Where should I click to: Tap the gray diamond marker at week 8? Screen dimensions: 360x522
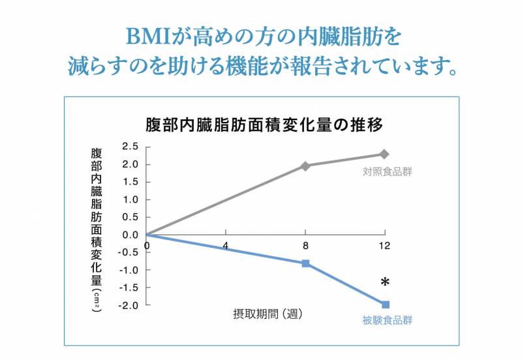click(x=305, y=166)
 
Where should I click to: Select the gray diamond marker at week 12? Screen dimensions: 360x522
click(x=384, y=155)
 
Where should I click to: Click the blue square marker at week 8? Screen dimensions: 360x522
click(x=305, y=263)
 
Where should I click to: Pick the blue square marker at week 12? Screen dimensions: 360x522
click(x=385, y=305)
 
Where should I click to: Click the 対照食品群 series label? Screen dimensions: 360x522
click(x=388, y=172)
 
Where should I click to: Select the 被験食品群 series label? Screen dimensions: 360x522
click(x=388, y=320)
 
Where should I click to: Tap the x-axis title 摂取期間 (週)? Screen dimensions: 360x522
click(x=268, y=313)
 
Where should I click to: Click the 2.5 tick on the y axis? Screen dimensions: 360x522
click(x=130, y=146)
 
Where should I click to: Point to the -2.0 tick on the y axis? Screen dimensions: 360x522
click(x=128, y=305)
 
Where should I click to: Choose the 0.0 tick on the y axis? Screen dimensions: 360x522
click(x=130, y=235)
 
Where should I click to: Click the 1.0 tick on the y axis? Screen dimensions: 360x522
click(x=130, y=200)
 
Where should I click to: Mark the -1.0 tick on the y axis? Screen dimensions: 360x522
click(x=128, y=270)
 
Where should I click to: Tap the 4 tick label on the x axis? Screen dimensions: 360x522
click(x=226, y=246)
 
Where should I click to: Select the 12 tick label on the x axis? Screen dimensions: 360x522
click(x=384, y=246)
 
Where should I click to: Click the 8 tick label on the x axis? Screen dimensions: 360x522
click(x=305, y=246)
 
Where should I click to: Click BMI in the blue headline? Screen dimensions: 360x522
click(x=149, y=35)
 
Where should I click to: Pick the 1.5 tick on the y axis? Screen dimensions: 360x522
click(x=130, y=182)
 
